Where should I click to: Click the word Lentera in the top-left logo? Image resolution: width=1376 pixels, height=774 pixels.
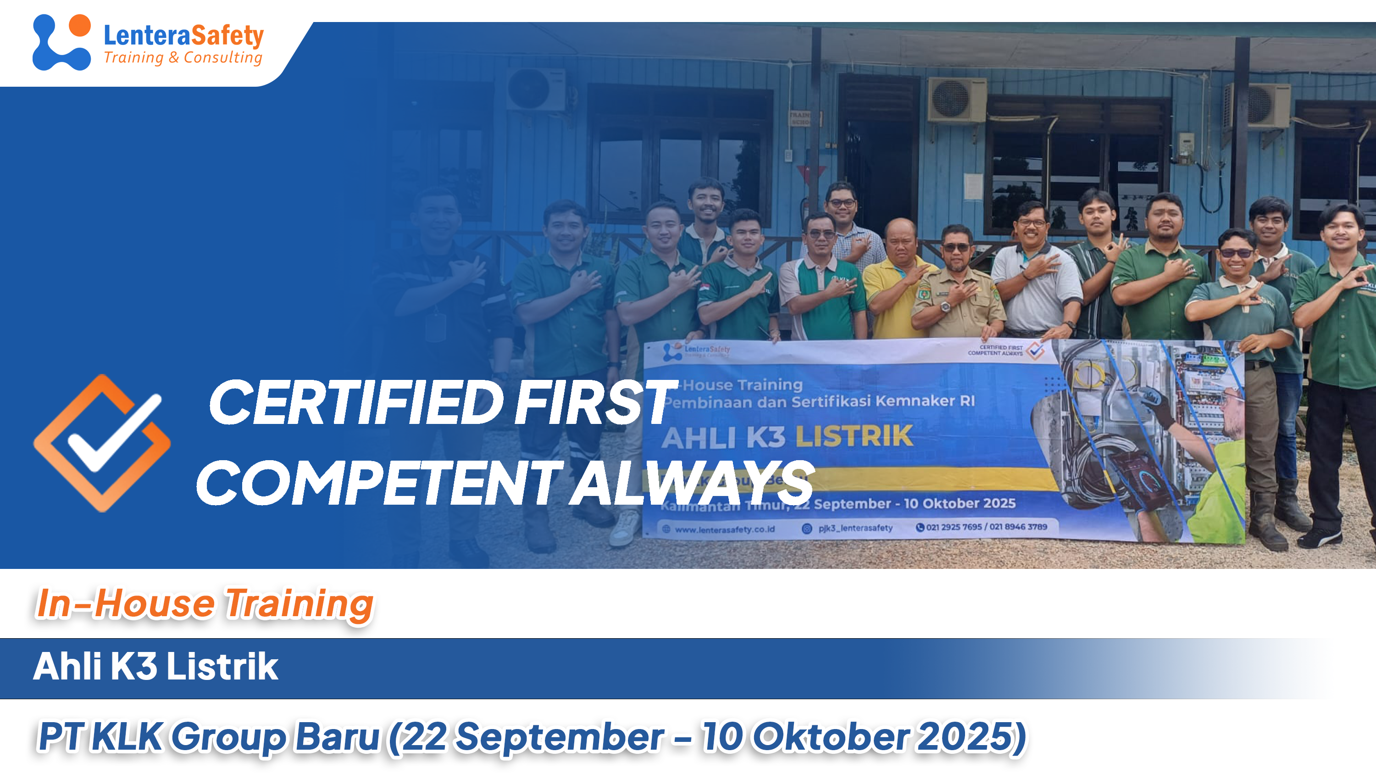click(147, 36)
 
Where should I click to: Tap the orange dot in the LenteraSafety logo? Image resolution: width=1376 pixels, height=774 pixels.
click(80, 25)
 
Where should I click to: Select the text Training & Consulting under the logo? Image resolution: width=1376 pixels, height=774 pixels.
click(183, 57)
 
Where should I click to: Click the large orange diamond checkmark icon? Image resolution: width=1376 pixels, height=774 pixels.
click(101, 443)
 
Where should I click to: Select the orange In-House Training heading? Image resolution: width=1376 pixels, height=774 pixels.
click(205, 604)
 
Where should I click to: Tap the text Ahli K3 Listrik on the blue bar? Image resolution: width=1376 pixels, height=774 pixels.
click(155, 667)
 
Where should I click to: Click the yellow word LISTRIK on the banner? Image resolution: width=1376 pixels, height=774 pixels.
click(854, 436)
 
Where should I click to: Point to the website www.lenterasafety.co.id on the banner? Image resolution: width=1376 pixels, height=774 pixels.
click(724, 529)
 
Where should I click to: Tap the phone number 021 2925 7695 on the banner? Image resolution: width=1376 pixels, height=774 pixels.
click(954, 527)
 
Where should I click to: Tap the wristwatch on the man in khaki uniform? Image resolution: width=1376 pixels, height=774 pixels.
click(945, 306)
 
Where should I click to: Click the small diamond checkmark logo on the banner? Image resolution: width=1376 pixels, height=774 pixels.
click(1035, 351)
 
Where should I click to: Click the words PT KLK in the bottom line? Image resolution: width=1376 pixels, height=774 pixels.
click(100, 737)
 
